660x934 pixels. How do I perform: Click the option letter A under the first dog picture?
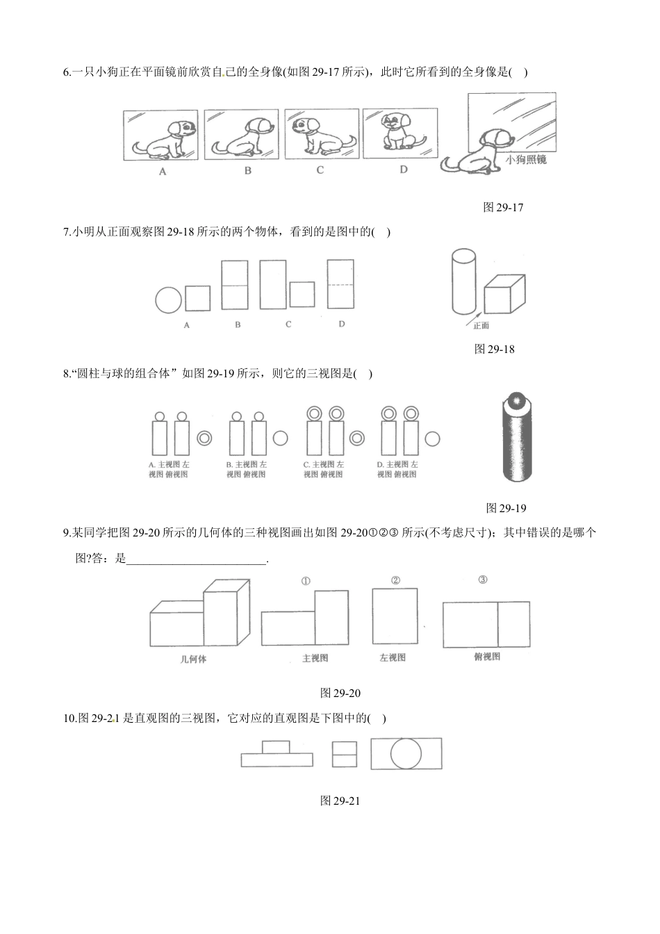[163, 172]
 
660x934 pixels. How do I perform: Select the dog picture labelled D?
[400, 133]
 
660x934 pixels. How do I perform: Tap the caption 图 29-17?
[503, 207]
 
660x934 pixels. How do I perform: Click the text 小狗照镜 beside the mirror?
[525, 160]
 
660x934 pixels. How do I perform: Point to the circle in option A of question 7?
[168, 300]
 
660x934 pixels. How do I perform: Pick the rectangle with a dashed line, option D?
[340, 284]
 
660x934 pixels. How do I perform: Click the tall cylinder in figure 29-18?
[464, 281]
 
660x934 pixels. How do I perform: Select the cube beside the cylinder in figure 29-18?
[504, 294]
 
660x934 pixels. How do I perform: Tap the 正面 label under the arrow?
[481, 326]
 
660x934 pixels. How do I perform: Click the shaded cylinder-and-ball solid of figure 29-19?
[518, 436]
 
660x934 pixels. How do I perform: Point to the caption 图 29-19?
[506, 508]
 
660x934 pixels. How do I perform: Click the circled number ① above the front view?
[306, 581]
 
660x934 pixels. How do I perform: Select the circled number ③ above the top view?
[482, 580]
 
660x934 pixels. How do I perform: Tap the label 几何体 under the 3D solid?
[193, 659]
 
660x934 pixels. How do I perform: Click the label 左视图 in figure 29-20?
[393, 658]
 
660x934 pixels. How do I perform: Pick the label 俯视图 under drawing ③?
[487, 657]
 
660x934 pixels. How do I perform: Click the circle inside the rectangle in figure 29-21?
[406, 753]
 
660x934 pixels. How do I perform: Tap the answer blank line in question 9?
[196, 564]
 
